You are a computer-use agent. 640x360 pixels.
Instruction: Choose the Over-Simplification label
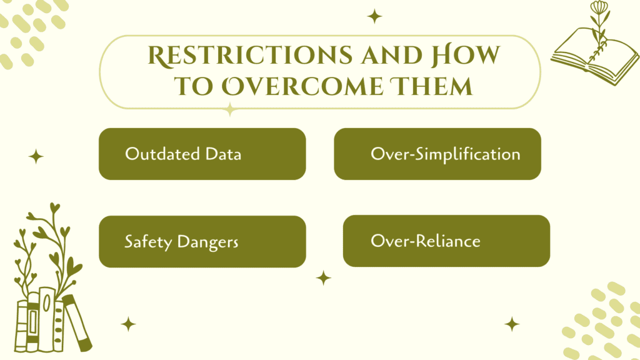click(x=445, y=154)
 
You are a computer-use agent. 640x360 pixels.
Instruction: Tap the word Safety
click(x=145, y=241)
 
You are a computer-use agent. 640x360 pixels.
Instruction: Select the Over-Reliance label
click(x=425, y=241)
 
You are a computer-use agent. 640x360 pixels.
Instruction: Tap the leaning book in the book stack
click(x=77, y=322)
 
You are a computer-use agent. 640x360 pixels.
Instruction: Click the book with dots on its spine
click(x=59, y=322)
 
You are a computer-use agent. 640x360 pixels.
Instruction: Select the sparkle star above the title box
click(x=374, y=16)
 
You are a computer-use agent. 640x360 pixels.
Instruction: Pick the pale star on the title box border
click(x=230, y=109)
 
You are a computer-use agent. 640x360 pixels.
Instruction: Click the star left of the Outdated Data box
click(x=36, y=157)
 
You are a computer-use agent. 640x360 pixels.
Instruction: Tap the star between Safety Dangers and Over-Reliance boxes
click(x=323, y=277)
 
